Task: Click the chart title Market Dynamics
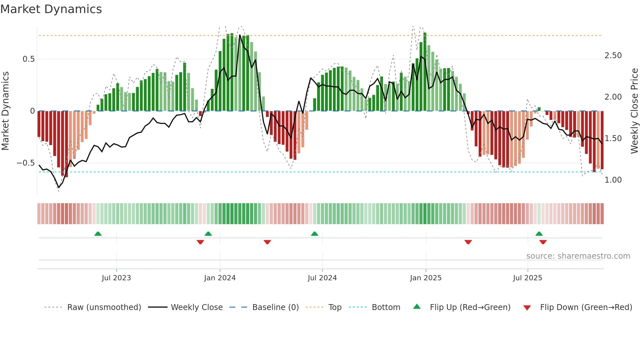coord(51,9)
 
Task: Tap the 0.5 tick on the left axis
coord(28,59)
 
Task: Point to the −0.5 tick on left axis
coord(26,163)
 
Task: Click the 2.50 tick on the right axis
coord(613,56)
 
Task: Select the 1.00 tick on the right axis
coord(613,180)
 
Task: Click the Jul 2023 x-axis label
coord(116,278)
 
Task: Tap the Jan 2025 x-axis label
coord(425,278)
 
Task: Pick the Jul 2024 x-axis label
coord(322,278)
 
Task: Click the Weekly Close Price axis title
coord(634,111)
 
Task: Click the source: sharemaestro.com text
coord(578,256)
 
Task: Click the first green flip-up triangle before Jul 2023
coord(98,234)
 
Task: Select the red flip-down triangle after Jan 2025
coord(468,242)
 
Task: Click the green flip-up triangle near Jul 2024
coord(314,234)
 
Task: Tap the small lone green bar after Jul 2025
coord(539,109)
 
